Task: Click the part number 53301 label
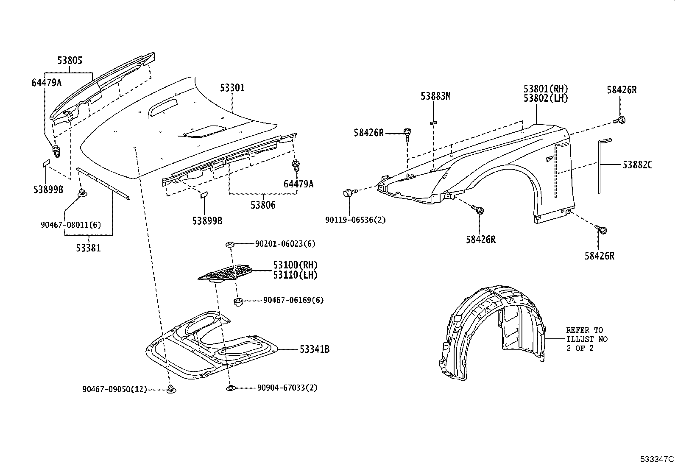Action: [x=232, y=88]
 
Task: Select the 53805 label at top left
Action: [x=70, y=61]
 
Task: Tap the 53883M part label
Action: [x=435, y=96]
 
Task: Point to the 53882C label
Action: [x=637, y=165]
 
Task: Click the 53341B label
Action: [x=314, y=349]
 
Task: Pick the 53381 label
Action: [x=88, y=248]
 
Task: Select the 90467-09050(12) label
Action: [x=114, y=389]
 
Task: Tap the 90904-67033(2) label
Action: [x=287, y=388]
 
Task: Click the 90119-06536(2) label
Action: [x=355, y=220]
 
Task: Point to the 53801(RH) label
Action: [x=545, y=89]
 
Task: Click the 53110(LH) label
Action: [x=295, y=275]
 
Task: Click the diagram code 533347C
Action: [x=657, y=459]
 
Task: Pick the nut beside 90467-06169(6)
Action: [x=238, y=301]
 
